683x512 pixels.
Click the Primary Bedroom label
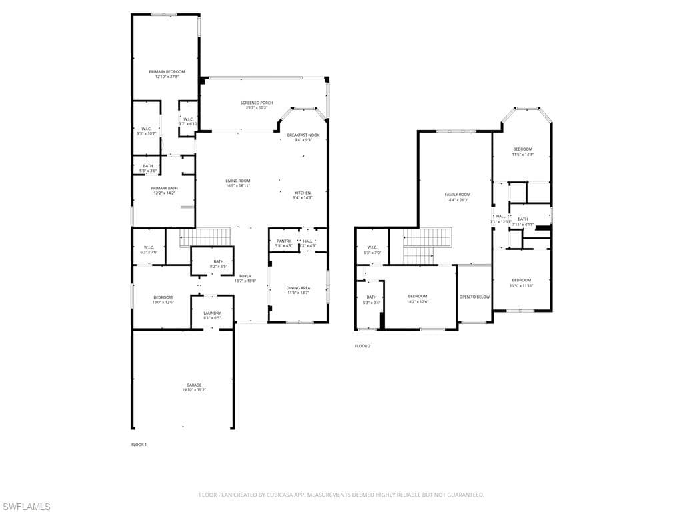[x=167, y=72]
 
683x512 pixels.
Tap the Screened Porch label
[x=257, y=103]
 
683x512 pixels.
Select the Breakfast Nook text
[x=303, y=135]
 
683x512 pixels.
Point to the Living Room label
[x=237, y=181]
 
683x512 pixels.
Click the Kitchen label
[x=303, y=193]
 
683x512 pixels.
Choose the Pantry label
[x=283, y=241]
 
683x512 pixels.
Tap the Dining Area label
[x=298, y=288]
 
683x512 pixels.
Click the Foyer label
[x=245, y=276]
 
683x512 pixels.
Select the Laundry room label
[x=212, y=313]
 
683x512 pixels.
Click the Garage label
[x=194, y=385]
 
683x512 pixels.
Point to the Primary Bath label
[x=164, y=189]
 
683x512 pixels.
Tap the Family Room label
[x=457, y=195]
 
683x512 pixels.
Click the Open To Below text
[x=474, y=297]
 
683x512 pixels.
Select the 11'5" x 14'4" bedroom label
[x=522, y=149]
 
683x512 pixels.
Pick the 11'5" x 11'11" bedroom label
[x=522, y=280]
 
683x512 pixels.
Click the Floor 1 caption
[x=139, y=444]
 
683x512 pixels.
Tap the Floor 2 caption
[x=362, y=346]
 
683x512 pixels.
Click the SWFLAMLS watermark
[x=26, y=507]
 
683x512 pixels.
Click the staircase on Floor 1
[x=205, y=237]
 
